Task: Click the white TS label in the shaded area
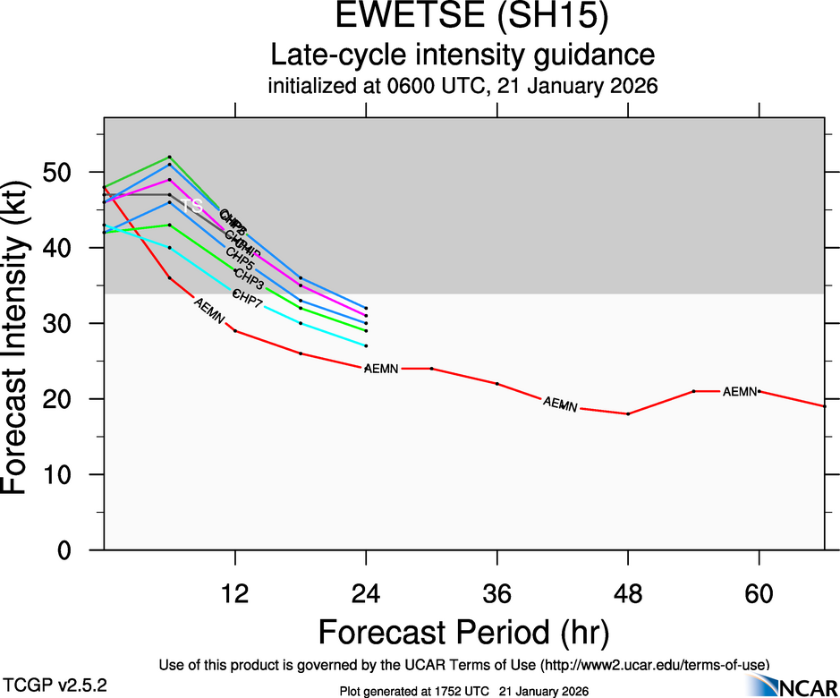click(192, 207)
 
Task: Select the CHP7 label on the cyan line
click(247, 300)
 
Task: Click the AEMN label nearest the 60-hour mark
click(740, 391)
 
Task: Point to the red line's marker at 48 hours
click(628, 413)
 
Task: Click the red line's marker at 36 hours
click(497, 384)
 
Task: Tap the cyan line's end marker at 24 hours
click(366, 345)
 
